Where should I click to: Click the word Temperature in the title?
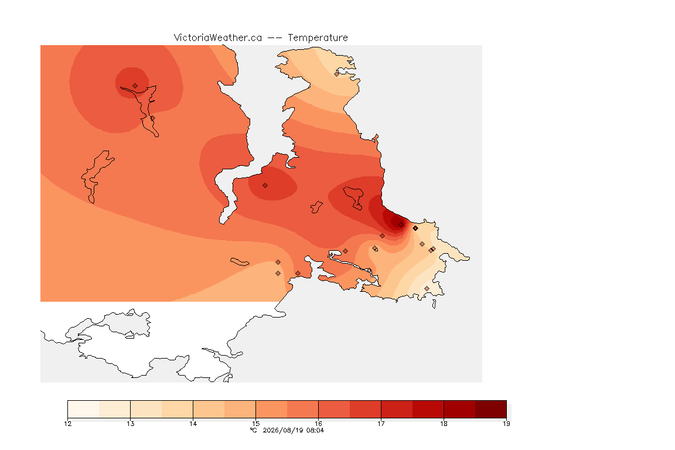pos(318,38)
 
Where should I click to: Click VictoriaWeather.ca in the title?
pos(218,38)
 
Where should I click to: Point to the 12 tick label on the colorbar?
pos(67,424)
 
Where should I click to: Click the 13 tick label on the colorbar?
pos(131,424)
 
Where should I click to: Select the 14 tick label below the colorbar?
pos(193,424)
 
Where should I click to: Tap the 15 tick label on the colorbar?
pos(255,424)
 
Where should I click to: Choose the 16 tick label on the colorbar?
pos(318,424)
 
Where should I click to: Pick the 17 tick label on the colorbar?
pos(381,424)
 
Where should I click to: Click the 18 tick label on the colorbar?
pos(444,424)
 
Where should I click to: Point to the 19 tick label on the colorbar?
pos(506,424)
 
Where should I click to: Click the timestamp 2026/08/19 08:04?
pos(293,430)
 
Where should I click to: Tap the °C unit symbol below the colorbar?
pos(253,430)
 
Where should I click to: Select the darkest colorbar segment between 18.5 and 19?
pos(491,409)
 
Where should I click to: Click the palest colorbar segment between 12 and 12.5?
pos(84,409)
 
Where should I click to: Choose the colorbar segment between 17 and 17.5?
pos(397,409)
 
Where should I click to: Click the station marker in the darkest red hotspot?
pos(401,225)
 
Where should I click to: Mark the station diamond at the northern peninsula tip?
pos(337,74)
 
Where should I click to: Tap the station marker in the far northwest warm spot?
pos(135,86)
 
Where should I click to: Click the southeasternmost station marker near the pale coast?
pos(427,288)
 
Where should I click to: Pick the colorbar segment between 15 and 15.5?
pos(271,409)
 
